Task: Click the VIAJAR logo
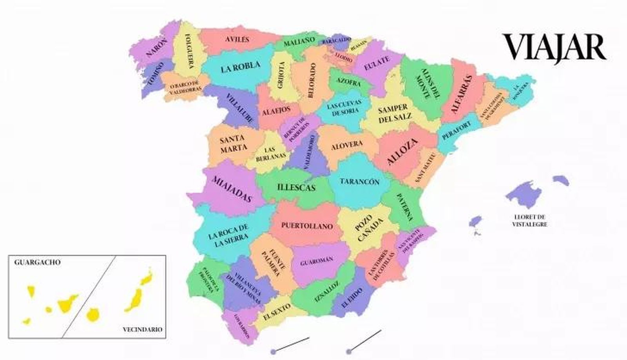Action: (554, 48)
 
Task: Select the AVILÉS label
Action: (237, 40)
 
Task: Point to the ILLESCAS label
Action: (296, 188)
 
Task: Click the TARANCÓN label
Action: (359, 182)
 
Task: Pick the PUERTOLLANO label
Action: (307, 226)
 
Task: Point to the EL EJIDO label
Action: (352, 298)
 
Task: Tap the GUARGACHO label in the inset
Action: (37, 262)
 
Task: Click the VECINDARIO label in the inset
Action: (142, 329)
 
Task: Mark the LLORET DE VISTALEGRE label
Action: (530, 221)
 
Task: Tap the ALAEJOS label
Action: (276, 109)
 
